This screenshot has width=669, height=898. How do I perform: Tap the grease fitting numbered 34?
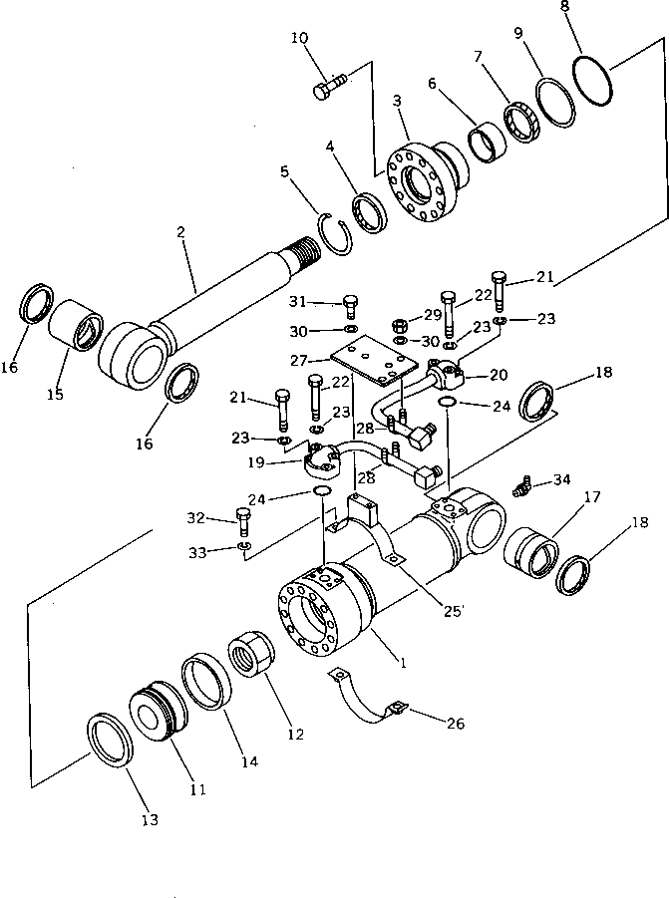pos(517,485)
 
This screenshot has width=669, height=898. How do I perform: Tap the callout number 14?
pos(248,761)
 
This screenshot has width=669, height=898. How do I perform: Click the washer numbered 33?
pos(244,546)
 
